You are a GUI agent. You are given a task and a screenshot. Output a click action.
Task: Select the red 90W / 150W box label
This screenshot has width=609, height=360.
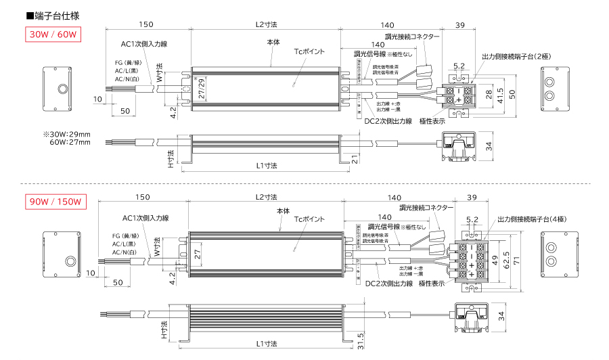tap(55, 202)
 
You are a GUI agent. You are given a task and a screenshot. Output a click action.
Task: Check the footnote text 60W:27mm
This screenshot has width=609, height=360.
tap(70, 143)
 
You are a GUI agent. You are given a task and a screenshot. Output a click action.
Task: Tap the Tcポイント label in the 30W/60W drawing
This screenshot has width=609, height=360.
tap(309, 51)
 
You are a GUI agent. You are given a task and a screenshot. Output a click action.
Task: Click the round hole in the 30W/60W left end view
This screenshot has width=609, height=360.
tap(62, 88)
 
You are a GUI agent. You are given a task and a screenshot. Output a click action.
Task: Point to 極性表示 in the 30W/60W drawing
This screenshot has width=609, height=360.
tap(432, 121)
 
